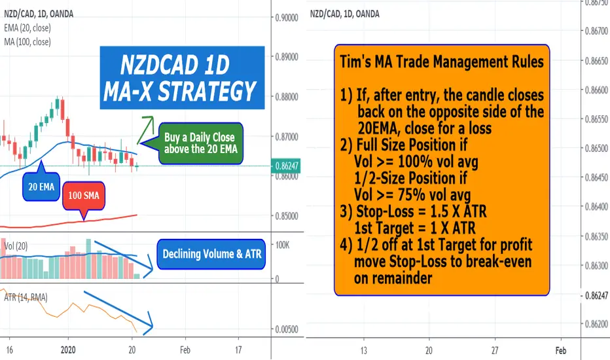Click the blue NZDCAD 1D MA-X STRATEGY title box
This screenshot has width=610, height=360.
pos(182,78)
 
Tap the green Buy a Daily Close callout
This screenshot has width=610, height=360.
pos(200,143)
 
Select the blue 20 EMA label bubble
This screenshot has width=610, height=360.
pos(41,187)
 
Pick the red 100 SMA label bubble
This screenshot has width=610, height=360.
pos(84,196)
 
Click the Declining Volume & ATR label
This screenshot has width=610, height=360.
pos(211,254)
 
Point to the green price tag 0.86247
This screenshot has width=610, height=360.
pos(285,166)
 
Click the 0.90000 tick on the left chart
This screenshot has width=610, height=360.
pos(287,18)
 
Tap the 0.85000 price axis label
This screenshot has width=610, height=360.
pos(287,217)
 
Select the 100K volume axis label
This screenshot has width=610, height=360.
pos(283,245)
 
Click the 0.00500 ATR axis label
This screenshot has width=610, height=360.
pos(287,330)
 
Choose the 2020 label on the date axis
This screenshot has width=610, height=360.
pos(69,350)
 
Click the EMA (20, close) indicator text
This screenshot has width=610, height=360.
pos(27,28)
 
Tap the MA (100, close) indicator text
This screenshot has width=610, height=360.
pos(27,42)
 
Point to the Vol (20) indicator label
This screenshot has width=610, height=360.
pos(16,246)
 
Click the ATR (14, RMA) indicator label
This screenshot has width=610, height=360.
pos(26,298)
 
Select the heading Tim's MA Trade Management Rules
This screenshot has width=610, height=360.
pos(442,62)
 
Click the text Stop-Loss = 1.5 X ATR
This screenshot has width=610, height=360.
pos(422,211)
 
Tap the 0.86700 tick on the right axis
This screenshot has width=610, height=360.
pos(597,31)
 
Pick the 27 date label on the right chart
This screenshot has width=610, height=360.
pos(495,351)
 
